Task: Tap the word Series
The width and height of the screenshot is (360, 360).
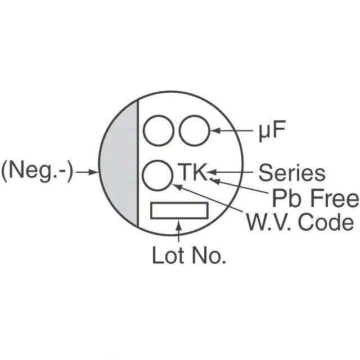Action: pos(291,173)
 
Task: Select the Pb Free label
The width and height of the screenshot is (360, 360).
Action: pos(315,198)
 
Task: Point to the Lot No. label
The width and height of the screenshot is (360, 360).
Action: pos(189,256)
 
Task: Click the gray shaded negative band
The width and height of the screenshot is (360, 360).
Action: pos(119,163)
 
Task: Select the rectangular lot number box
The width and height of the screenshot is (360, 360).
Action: pos(179,211)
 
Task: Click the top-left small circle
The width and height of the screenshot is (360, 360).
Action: pos(158,131)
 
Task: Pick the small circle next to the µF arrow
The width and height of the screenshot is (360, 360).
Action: pos(194,131)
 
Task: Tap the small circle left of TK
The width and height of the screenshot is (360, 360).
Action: pos(157,176)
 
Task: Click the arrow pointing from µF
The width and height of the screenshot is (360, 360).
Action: pos(232,131)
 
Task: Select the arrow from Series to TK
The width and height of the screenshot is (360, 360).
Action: pos(231,172)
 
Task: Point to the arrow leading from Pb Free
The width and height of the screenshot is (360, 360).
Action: pos(242,188)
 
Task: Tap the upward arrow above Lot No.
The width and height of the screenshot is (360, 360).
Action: pos(179,232)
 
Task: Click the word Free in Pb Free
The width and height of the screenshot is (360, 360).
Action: pos(336,198)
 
